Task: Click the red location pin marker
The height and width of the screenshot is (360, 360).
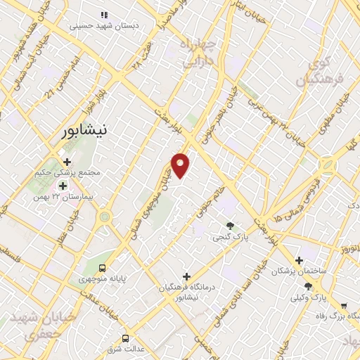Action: [x=181, y=165]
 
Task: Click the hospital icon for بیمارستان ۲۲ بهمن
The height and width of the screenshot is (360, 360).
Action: [x=63, y=186]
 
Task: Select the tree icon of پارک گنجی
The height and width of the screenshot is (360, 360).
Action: [x=231, y=226]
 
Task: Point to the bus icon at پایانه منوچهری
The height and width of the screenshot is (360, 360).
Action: [x=103, y=268]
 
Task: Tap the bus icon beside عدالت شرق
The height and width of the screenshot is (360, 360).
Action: [x=126, y=337]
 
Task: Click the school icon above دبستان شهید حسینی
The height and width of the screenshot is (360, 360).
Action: [x=105, y=14]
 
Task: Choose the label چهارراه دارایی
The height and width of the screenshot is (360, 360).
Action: [x=202, y=53]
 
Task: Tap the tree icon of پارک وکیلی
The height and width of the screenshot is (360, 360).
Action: [x=309, y=286]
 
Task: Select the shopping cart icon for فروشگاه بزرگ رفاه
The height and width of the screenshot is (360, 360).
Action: [x=343, y=306]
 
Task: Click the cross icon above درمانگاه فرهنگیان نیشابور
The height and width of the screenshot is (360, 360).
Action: [x=186, y=276]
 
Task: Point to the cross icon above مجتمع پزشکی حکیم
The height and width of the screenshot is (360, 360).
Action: [x=67, y=162]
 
